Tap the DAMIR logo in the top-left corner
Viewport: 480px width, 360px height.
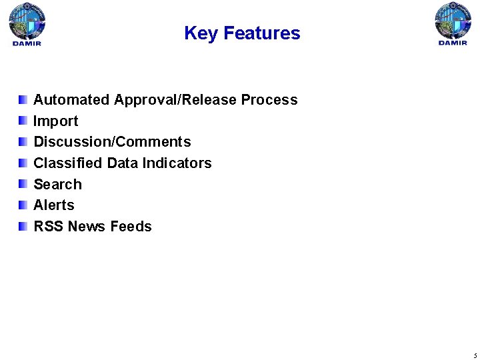[27, 24]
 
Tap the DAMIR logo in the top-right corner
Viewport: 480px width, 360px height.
[453, 24]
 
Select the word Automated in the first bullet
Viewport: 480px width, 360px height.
[71, 100]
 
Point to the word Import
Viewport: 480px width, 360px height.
[56, 121]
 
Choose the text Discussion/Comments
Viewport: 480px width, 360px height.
[112, 142]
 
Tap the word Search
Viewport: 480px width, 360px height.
[57, 185]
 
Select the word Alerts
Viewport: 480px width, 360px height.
[54, 205]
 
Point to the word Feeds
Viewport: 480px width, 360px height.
[131, 227]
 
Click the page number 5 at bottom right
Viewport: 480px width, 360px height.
[474, 355]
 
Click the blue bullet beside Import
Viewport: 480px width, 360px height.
[23, 121]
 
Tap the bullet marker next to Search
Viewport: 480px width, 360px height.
[23, 184]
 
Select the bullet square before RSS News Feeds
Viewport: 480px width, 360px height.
[23, 226]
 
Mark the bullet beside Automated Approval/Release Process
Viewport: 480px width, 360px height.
[23, 99]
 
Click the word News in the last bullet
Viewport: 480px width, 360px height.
[87, 227]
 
